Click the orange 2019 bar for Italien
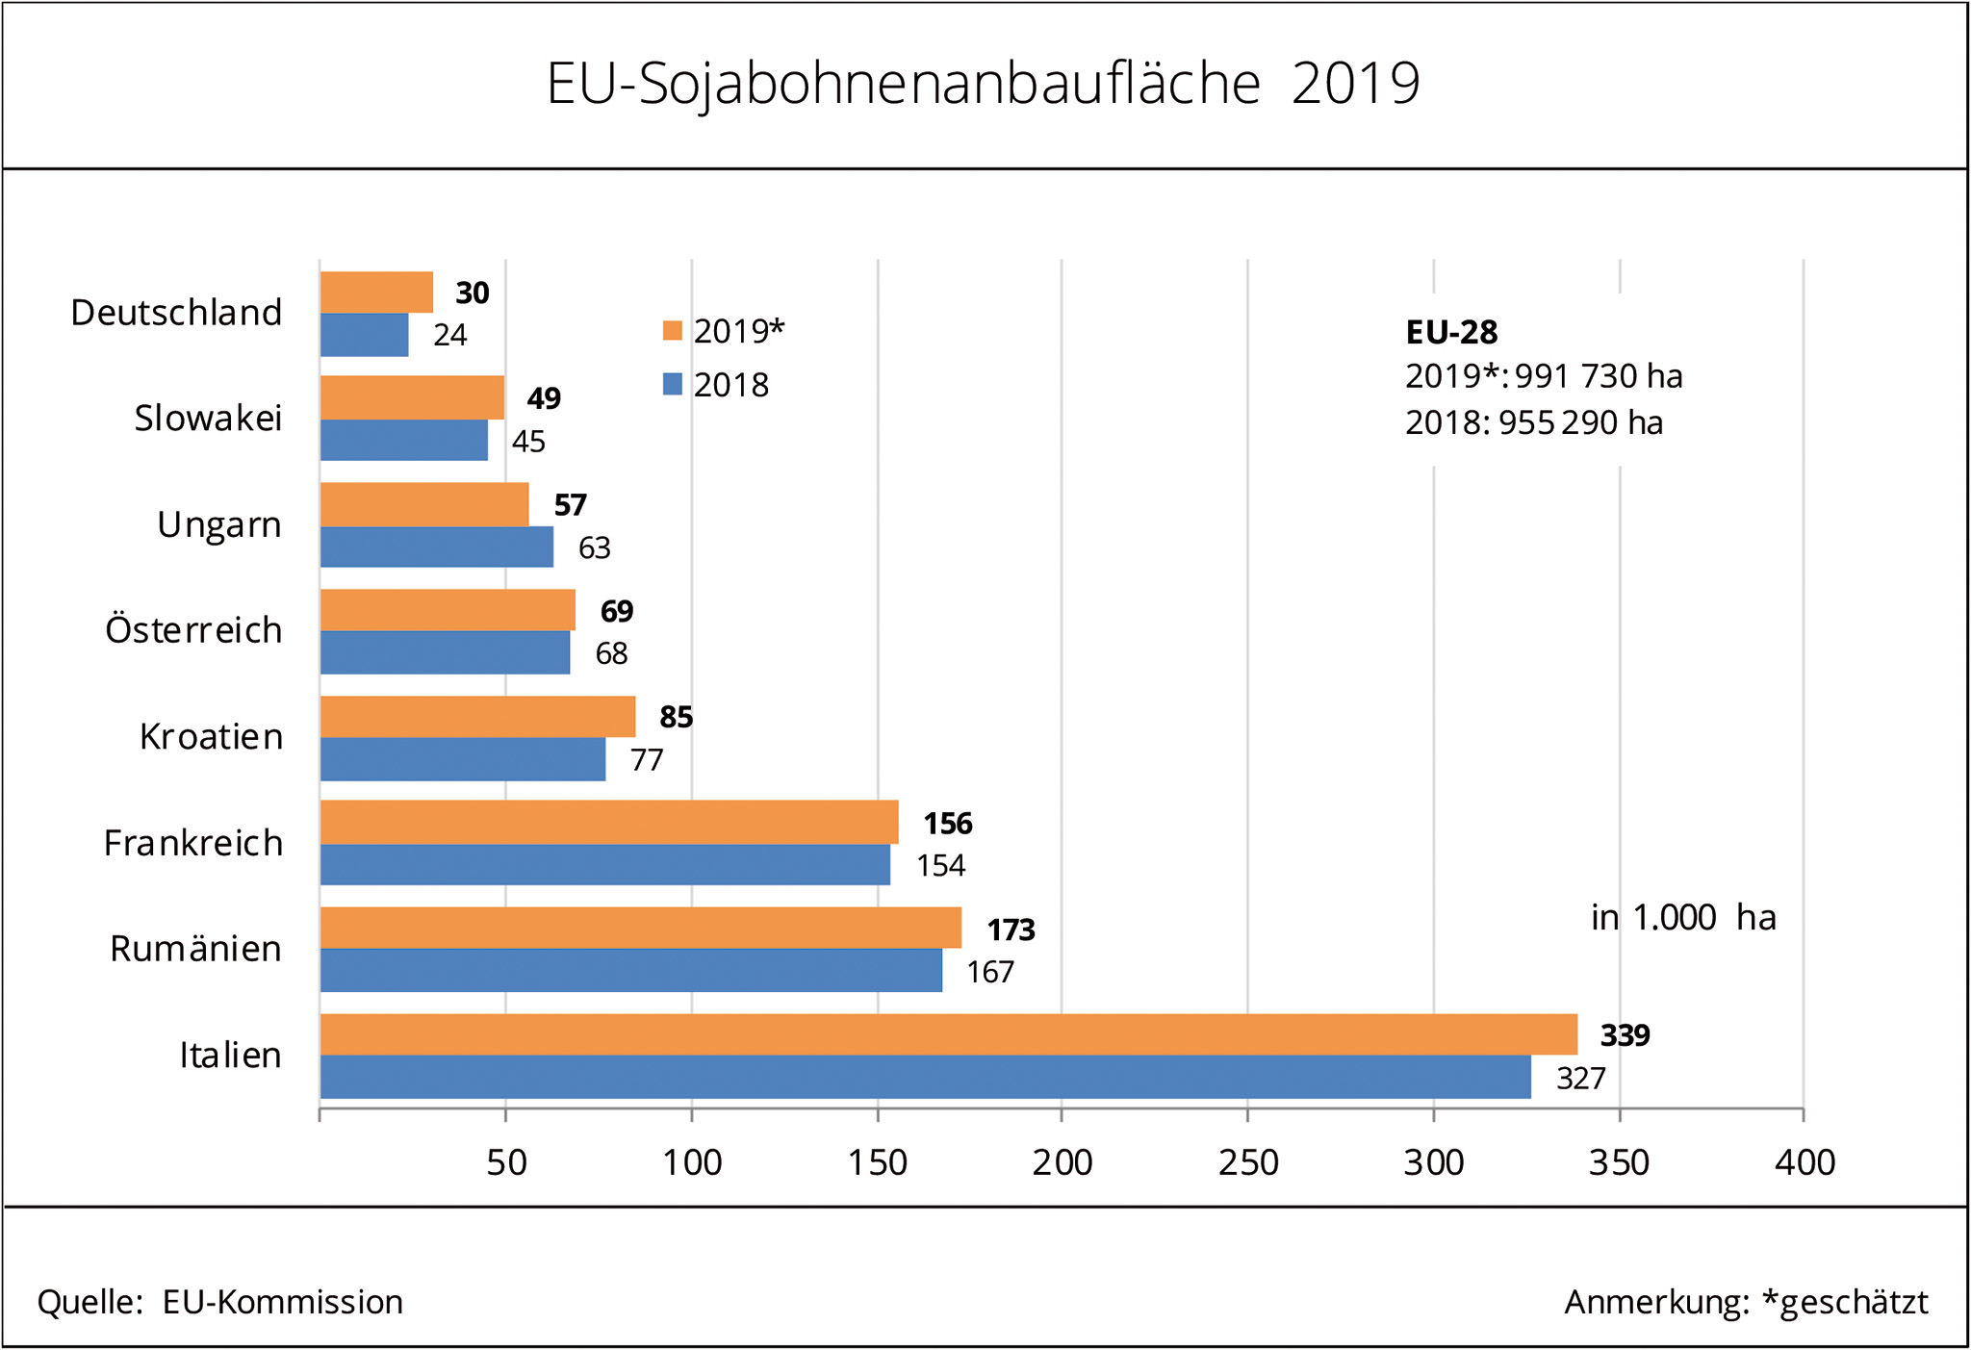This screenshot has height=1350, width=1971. pyautogui.click(x=948, y=1034)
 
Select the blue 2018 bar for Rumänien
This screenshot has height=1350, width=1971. pyautogui.click(x=630, y=970)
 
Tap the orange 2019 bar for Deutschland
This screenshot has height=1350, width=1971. pyautogui.click(x=376, y=293)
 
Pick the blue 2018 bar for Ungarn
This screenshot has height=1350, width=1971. pyautogui.click(x=436, y=547)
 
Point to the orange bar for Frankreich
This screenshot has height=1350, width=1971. pyautogui.click(x=608, y=822)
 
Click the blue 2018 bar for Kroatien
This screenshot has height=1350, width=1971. pyautogui.click(x=462, y=759)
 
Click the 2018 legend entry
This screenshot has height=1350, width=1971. pyautogui.click(x=717, y=385)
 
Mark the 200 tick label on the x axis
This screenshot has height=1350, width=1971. pyautogui.click(x=1062, y=1162)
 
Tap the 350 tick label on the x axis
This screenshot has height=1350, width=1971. pyautogui.click(x=1619, y=1162)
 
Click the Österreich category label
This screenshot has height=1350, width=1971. pyautogui.click(x=193, y=630)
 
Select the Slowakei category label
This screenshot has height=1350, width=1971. pyautogui.click(x=208, y=419)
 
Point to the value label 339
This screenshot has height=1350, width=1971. pyautogui.click(x=1625, y=1035)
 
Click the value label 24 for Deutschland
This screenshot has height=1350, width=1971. pyautogui.click(x=449, y=335)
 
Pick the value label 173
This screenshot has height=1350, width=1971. pyautogui.click(x=1011, y=930)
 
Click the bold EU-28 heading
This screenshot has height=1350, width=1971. pyautogui.click(x=1451, y=332)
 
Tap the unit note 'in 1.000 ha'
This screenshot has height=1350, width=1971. pyautogui.click(x=1682, y=917)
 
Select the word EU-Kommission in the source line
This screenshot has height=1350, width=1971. pyautogui.click(x=282, y=1302)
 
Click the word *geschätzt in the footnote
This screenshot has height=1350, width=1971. pyautogui.click(x=1844, y=1302)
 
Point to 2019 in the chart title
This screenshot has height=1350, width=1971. pyautogui.click(x=1355, y=84)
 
